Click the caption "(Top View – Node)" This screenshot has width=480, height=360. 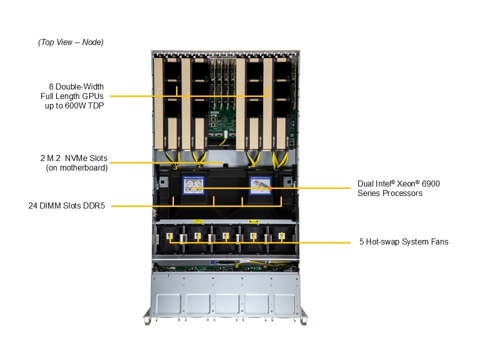coord(71,42)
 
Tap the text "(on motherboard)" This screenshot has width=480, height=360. coord(76,168)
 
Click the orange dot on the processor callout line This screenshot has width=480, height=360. coord(269,188)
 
